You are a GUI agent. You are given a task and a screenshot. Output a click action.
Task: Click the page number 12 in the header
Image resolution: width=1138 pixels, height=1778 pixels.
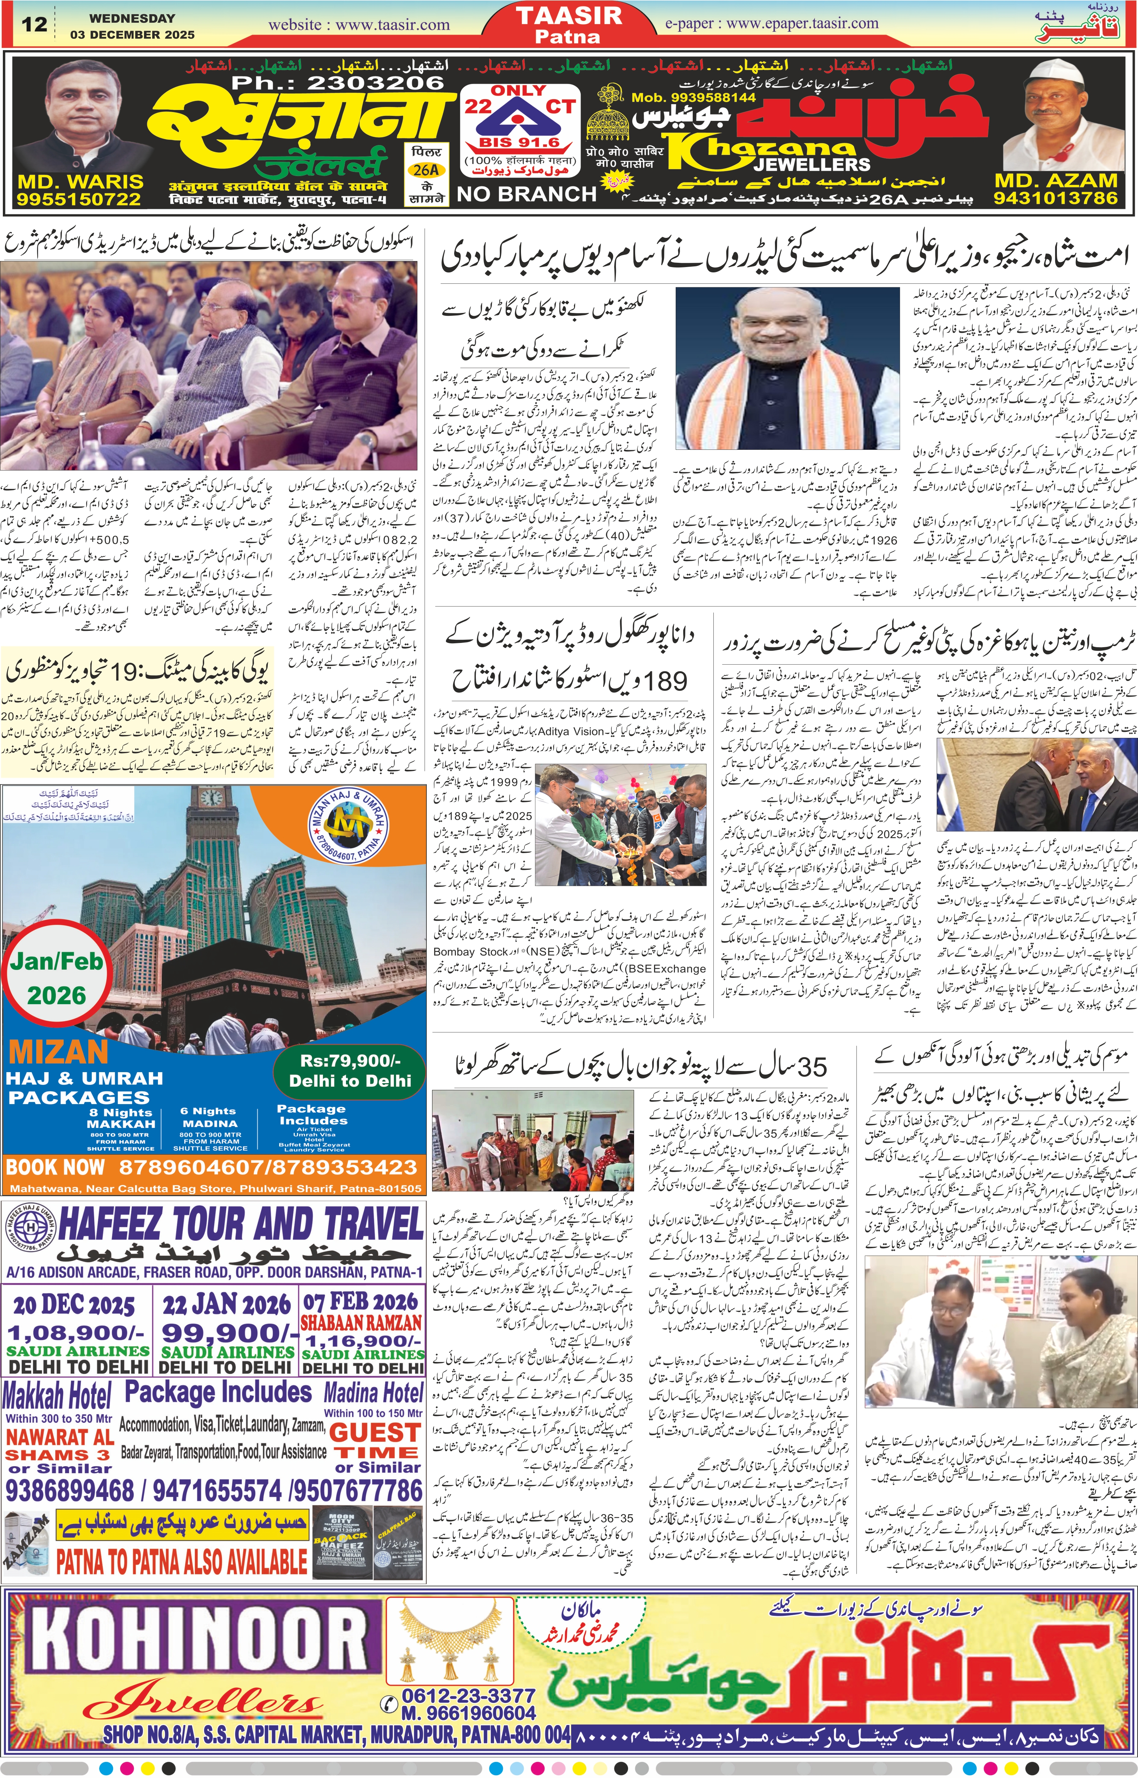point(34,25)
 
